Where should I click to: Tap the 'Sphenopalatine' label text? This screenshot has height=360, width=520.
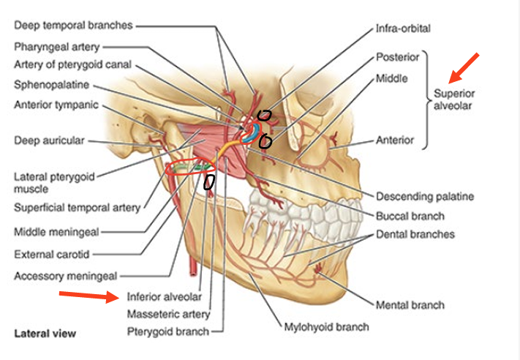52,84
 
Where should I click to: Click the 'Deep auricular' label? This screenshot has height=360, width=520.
49,140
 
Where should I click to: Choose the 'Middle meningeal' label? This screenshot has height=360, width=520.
56,233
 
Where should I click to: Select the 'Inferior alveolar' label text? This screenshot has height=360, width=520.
164,297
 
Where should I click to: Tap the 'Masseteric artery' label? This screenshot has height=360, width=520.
168,314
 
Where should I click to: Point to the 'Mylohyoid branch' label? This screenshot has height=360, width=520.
326,326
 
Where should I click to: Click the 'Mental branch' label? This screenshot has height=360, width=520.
410,304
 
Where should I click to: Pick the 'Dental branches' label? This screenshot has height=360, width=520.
415,234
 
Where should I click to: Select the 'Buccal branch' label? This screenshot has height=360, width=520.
410,216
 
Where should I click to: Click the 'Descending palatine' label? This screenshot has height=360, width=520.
424,196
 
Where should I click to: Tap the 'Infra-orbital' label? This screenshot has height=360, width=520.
403,29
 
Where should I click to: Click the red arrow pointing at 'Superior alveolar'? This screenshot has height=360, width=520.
465,67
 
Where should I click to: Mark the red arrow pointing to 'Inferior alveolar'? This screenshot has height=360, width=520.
88,296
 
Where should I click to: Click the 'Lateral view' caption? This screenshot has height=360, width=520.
45,334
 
